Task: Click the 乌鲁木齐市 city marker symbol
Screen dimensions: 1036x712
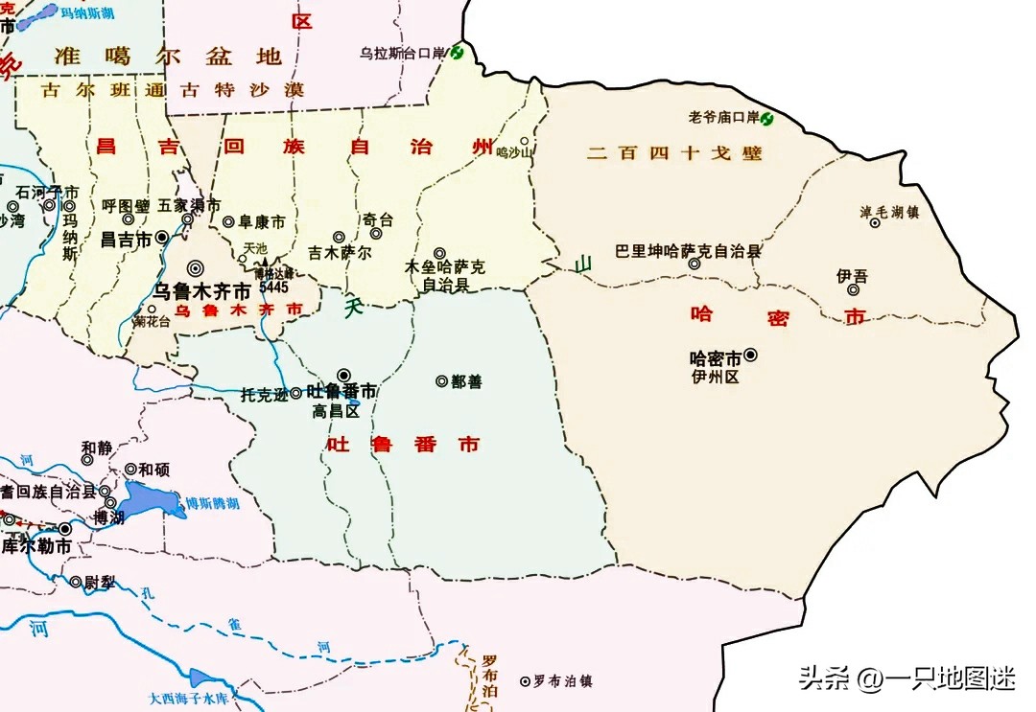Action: pos(196,269)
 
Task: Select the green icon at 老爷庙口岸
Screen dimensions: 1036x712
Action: pos(767,118)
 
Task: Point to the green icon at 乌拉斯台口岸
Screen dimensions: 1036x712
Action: pos(457,53)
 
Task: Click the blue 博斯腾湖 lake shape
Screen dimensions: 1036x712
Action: pos(153,498)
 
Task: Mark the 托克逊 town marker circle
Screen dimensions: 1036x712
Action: pos(296,393)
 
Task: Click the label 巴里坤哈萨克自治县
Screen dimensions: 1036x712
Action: pos(688,251)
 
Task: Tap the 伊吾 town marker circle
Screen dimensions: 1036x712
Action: pos(853,290)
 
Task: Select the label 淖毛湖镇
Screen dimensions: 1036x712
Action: pos(889,212)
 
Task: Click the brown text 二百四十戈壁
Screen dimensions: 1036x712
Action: pos(675,152)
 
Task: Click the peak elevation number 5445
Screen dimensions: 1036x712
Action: pos(273,287)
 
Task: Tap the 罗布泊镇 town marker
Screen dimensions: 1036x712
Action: pos(525,681)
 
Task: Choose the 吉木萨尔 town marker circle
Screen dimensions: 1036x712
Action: pos(338,237)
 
